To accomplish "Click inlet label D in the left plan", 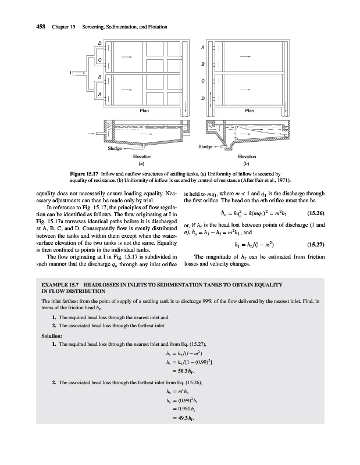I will pos(99,44).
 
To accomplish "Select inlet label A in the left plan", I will pos(99,94).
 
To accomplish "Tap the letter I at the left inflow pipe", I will pos(70,72).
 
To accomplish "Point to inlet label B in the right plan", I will pos(202,64).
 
